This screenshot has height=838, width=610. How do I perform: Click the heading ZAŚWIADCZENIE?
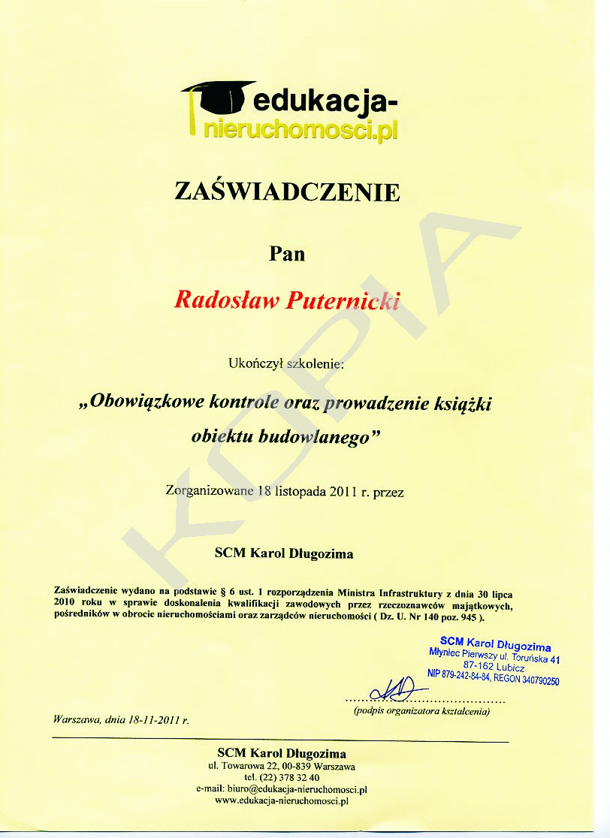tap(287, 192)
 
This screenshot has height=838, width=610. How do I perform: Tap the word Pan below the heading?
tap(287, 253)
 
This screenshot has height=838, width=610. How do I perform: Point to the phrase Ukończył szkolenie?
tap(285, 364)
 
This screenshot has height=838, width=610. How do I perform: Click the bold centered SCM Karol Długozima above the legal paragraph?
tap(284, 554)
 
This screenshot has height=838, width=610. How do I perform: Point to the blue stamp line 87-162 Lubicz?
tap(494, 666)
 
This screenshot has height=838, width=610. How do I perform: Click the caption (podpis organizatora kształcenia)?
tap(421, 710)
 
